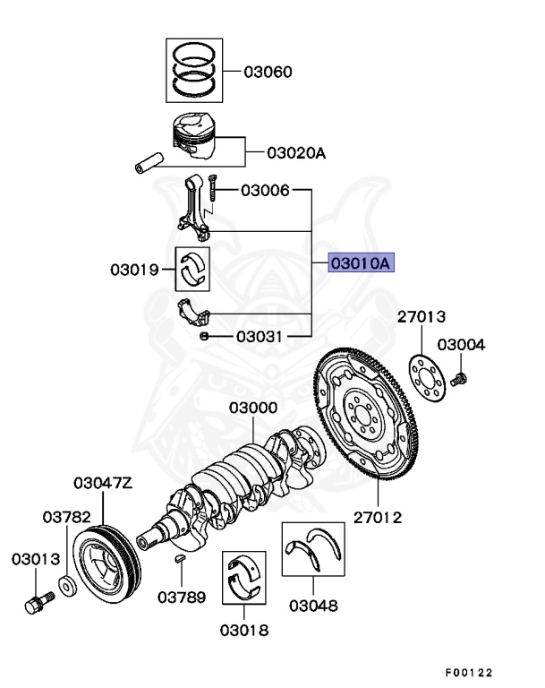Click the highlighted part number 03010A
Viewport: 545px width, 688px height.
tap(361, 263)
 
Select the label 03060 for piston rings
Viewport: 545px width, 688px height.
tap(267, 72)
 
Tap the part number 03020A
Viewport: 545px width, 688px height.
tap(296, 153)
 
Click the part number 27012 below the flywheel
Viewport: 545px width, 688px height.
tap(378, 517)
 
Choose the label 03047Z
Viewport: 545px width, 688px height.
tap(103, 484)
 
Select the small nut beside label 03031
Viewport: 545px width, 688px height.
tap(205, 336)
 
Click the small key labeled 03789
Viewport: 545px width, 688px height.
tap(180, 561)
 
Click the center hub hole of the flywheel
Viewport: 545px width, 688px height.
tap(361, 414)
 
